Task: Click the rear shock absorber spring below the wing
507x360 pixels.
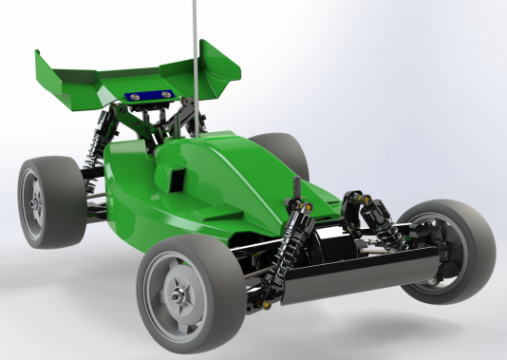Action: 94,142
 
